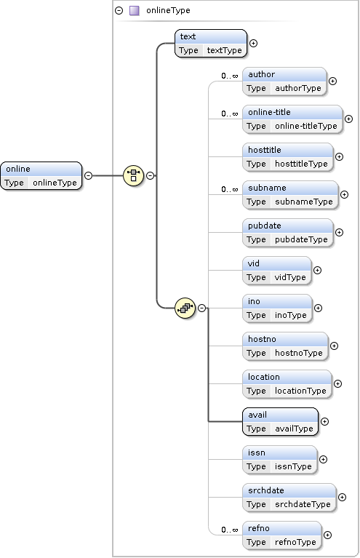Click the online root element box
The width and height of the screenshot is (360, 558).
[x=41, y=175]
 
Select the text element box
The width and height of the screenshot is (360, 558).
[x=211, y=43]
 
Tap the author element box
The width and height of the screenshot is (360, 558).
[x=284, y=81]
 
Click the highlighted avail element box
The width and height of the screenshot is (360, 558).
[x=280, y=421]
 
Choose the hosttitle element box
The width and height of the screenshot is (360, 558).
[x=288, y=156]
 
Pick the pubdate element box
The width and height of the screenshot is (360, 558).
[x=288, y=232]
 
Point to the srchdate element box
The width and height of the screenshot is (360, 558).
[x=289, y=497]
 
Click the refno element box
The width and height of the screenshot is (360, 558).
[x=282, y=535]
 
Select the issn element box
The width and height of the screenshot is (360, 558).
[x=279, y=459]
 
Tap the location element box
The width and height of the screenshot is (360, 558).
[x=287, y=383]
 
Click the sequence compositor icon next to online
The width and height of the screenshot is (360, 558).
[x=133, y=175]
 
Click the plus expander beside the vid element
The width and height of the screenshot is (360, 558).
[x=317, y=271]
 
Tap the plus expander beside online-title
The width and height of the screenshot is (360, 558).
[x=348, y=119]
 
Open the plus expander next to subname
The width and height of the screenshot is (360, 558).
[x=344, y=194]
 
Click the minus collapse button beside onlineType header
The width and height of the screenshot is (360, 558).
[x=119, y=11]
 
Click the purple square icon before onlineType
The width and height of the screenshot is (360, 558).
[x=134, y=11]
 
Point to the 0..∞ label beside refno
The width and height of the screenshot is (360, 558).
[x=230, y=530]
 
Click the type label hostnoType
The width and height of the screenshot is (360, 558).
[x=299, y=353]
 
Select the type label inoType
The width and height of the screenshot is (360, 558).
[x=291, y=315]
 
